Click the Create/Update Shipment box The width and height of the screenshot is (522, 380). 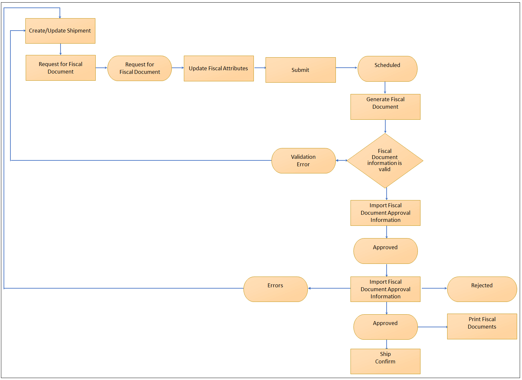click(60, 31)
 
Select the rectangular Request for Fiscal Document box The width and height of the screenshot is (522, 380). click(61, 68)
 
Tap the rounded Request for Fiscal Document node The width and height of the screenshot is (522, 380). click(140, 68)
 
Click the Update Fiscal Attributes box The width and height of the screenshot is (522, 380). click(219, 68)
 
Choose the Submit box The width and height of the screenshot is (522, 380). click(300, 70)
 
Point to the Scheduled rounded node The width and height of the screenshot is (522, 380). click(387, 69)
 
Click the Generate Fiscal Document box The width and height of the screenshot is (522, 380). click(385, 107)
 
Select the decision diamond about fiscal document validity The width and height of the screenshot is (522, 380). click(385, 160)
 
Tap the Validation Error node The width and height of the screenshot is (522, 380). click(303, 161)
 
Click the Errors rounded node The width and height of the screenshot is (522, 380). click(275, 289)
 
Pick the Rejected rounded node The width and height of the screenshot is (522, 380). click(482, 289)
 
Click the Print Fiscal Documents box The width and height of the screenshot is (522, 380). click(482, 326)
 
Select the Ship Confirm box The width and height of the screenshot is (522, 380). click(385, 361)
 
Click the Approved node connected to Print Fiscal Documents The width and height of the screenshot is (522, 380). click(385, 327)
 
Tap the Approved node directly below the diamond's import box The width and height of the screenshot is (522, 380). click(385, 251)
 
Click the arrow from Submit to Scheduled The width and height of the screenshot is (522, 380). click(346, 68)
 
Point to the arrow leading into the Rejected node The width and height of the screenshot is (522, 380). click(434, 288)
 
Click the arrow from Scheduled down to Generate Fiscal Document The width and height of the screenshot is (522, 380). click(385, 88)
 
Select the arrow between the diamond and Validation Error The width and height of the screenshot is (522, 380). click(341, 160)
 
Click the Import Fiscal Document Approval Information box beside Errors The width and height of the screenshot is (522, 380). click(385, 289)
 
